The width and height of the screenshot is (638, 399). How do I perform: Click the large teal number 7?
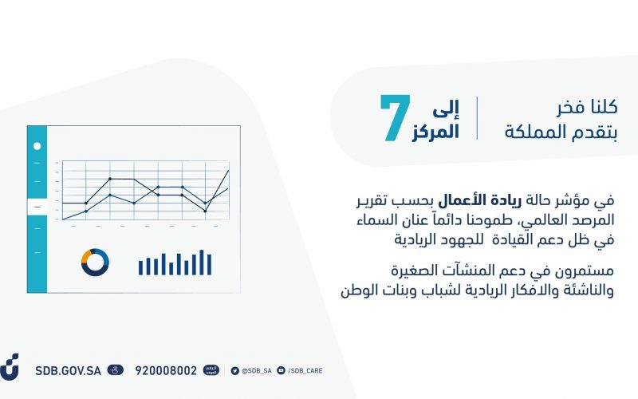pos(396,118)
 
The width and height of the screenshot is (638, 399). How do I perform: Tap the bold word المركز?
pos(435,132)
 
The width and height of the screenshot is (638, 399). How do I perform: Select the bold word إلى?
pos(446,109)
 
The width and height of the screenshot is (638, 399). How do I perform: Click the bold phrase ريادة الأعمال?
pos(473,200)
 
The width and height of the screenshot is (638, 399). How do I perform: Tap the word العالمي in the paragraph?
pos(539,220)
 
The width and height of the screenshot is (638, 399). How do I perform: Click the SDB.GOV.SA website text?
pos(68,370)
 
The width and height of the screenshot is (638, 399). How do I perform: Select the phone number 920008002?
pos(166,370)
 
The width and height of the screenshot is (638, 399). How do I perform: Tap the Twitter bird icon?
pos(234,370)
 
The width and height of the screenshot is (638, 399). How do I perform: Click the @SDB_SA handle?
pos(257,371)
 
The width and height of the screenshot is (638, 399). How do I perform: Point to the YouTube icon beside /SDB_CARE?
pos(282,370)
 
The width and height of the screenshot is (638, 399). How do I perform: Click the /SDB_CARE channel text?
pos(305,371)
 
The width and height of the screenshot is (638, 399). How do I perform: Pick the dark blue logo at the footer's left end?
pos(9,367)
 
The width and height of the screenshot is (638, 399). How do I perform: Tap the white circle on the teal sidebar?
pos(37,146)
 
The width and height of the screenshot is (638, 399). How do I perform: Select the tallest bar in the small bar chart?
pos(202,263)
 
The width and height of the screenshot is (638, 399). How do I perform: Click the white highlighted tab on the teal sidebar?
pos(37,207)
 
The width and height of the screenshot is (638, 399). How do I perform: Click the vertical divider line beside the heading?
pos(477,118)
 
